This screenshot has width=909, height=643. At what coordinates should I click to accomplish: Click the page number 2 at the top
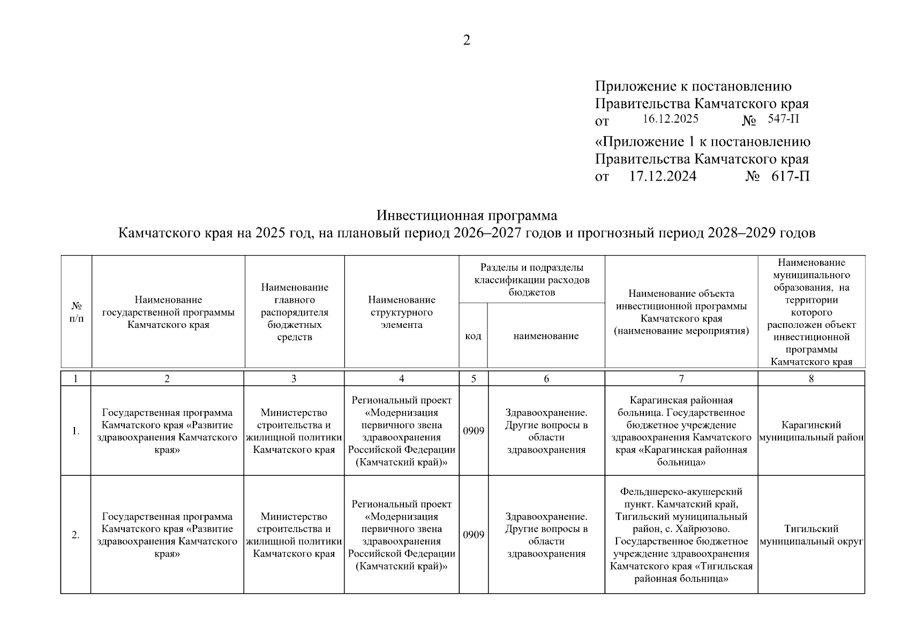click(466, 41)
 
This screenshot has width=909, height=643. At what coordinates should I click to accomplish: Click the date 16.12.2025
click(670, 119)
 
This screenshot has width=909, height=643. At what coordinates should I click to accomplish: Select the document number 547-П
click(783, 119)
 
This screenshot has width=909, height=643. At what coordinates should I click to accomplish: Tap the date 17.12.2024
click(663, 176)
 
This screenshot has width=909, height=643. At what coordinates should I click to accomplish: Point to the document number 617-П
click(790, 176)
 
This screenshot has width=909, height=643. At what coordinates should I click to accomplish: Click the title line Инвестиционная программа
click(467, 215)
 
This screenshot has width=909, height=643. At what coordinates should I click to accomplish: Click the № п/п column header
click(77, 312)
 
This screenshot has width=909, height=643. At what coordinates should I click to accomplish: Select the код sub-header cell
click(473, 336)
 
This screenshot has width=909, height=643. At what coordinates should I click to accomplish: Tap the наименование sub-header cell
click(546, 336)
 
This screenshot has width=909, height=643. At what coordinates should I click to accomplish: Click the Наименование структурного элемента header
click(401, 312)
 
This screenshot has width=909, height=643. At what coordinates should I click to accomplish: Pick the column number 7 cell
click(681, 379)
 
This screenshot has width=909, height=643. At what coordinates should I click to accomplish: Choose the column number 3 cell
click(294, 379)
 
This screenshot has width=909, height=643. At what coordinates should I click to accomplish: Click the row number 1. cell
click(76, 431)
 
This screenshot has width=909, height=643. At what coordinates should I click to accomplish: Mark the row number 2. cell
click(76, 535)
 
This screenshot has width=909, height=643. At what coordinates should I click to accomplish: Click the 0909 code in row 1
click(474, 431)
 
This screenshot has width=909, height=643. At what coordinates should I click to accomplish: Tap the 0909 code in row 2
click(474, 535)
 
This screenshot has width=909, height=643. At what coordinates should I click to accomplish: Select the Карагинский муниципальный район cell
click(811, 431)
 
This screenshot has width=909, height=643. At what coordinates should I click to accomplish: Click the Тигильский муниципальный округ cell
click(811, 535)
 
